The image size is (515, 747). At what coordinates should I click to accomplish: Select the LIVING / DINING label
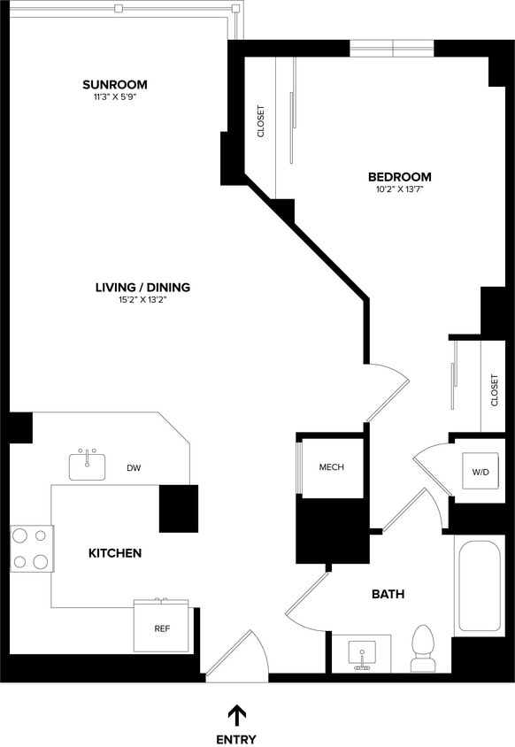(x=142, y=287)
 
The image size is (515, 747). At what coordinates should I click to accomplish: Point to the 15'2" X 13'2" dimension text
(x=142, y=300)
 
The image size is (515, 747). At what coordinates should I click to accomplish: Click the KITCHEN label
(x=115, y=553)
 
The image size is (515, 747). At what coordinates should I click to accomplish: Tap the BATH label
(x=388, y=594)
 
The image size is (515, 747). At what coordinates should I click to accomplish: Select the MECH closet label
(x=331, y=467)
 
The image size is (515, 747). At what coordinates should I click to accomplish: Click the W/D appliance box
(x=480, y=473)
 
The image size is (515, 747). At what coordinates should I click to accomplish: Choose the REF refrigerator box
(x=162, y=629)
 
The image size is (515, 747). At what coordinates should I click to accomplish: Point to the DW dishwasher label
(x=134, y=468)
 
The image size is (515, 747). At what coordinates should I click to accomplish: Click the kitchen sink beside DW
(x=88, y=466)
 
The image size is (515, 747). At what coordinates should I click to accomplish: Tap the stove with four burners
(x=31, y=548)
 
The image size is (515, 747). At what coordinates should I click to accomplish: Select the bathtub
(x=480, y=586)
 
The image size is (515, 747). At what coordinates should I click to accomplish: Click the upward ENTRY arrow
(x=236, y=714)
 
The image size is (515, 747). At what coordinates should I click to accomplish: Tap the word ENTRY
(x=236, y=739)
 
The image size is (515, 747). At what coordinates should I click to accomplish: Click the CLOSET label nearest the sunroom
(x=261, y=121)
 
